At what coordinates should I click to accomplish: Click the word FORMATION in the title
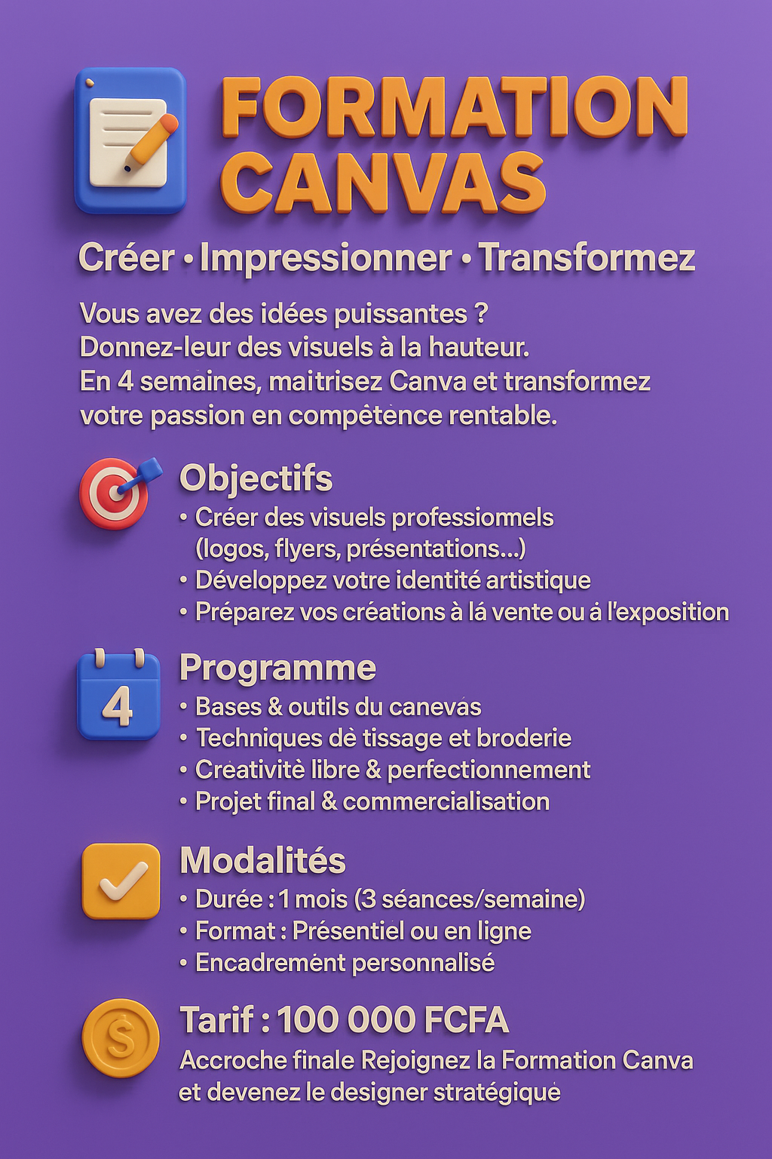(x=455, y=107)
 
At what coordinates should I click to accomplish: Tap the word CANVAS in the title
(x=383, y=183)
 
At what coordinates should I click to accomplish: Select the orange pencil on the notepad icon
(x=152, y=141)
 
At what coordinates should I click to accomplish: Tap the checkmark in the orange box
(x=121, y=881)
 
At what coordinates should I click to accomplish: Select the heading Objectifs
(x=256, y=478)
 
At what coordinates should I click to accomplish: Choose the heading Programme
(x=277, y=668)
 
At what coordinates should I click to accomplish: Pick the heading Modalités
(x=262, y=860)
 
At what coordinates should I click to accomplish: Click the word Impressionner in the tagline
(x=326, y=258)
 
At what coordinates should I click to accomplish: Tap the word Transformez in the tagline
(x=587, y=258)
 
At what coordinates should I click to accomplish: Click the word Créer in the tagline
(x=127, y=258)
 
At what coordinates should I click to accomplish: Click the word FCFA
(x=467, y=1020)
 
